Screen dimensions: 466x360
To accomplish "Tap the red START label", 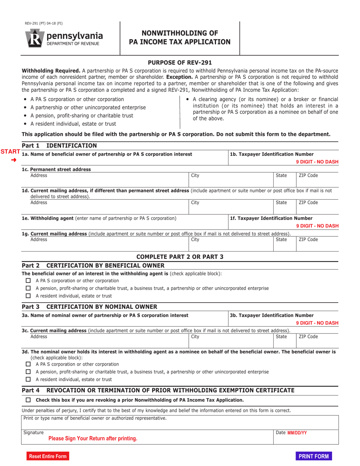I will (10, 152).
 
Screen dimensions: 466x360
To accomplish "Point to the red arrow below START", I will (14, 160).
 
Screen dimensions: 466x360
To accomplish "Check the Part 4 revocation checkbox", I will (28, 400).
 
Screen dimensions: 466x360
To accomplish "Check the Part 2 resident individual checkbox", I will (28, 296).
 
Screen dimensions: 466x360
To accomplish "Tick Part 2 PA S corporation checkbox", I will (28, 281).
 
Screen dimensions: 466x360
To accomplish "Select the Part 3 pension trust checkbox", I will (28, 372).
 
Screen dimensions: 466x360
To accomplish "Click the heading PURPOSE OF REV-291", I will (180, 63).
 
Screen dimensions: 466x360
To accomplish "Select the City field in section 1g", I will (231, 243).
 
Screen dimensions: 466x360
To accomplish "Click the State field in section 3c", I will (284, 339).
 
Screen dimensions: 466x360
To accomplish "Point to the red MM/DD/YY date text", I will (297, 433).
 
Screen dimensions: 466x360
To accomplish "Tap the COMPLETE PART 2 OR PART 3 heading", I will (180, 256).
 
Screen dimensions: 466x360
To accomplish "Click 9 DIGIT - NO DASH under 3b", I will (317, 323).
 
